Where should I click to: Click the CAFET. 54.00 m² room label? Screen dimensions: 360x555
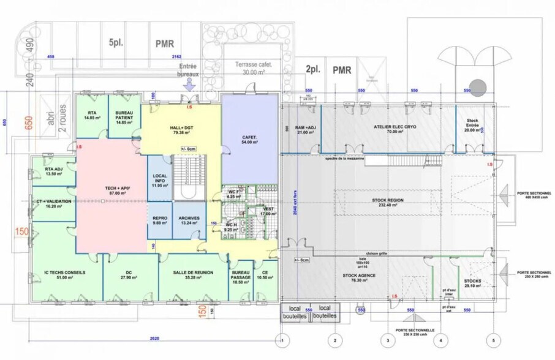tap(249, 138)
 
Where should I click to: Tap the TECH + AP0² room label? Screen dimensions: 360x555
tap(111, 190)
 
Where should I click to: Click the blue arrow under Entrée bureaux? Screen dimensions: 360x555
tap(189, 86)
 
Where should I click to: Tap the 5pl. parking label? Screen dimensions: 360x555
tap(118, 43)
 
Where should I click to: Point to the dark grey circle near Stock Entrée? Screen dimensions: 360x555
tap(478, 86)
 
